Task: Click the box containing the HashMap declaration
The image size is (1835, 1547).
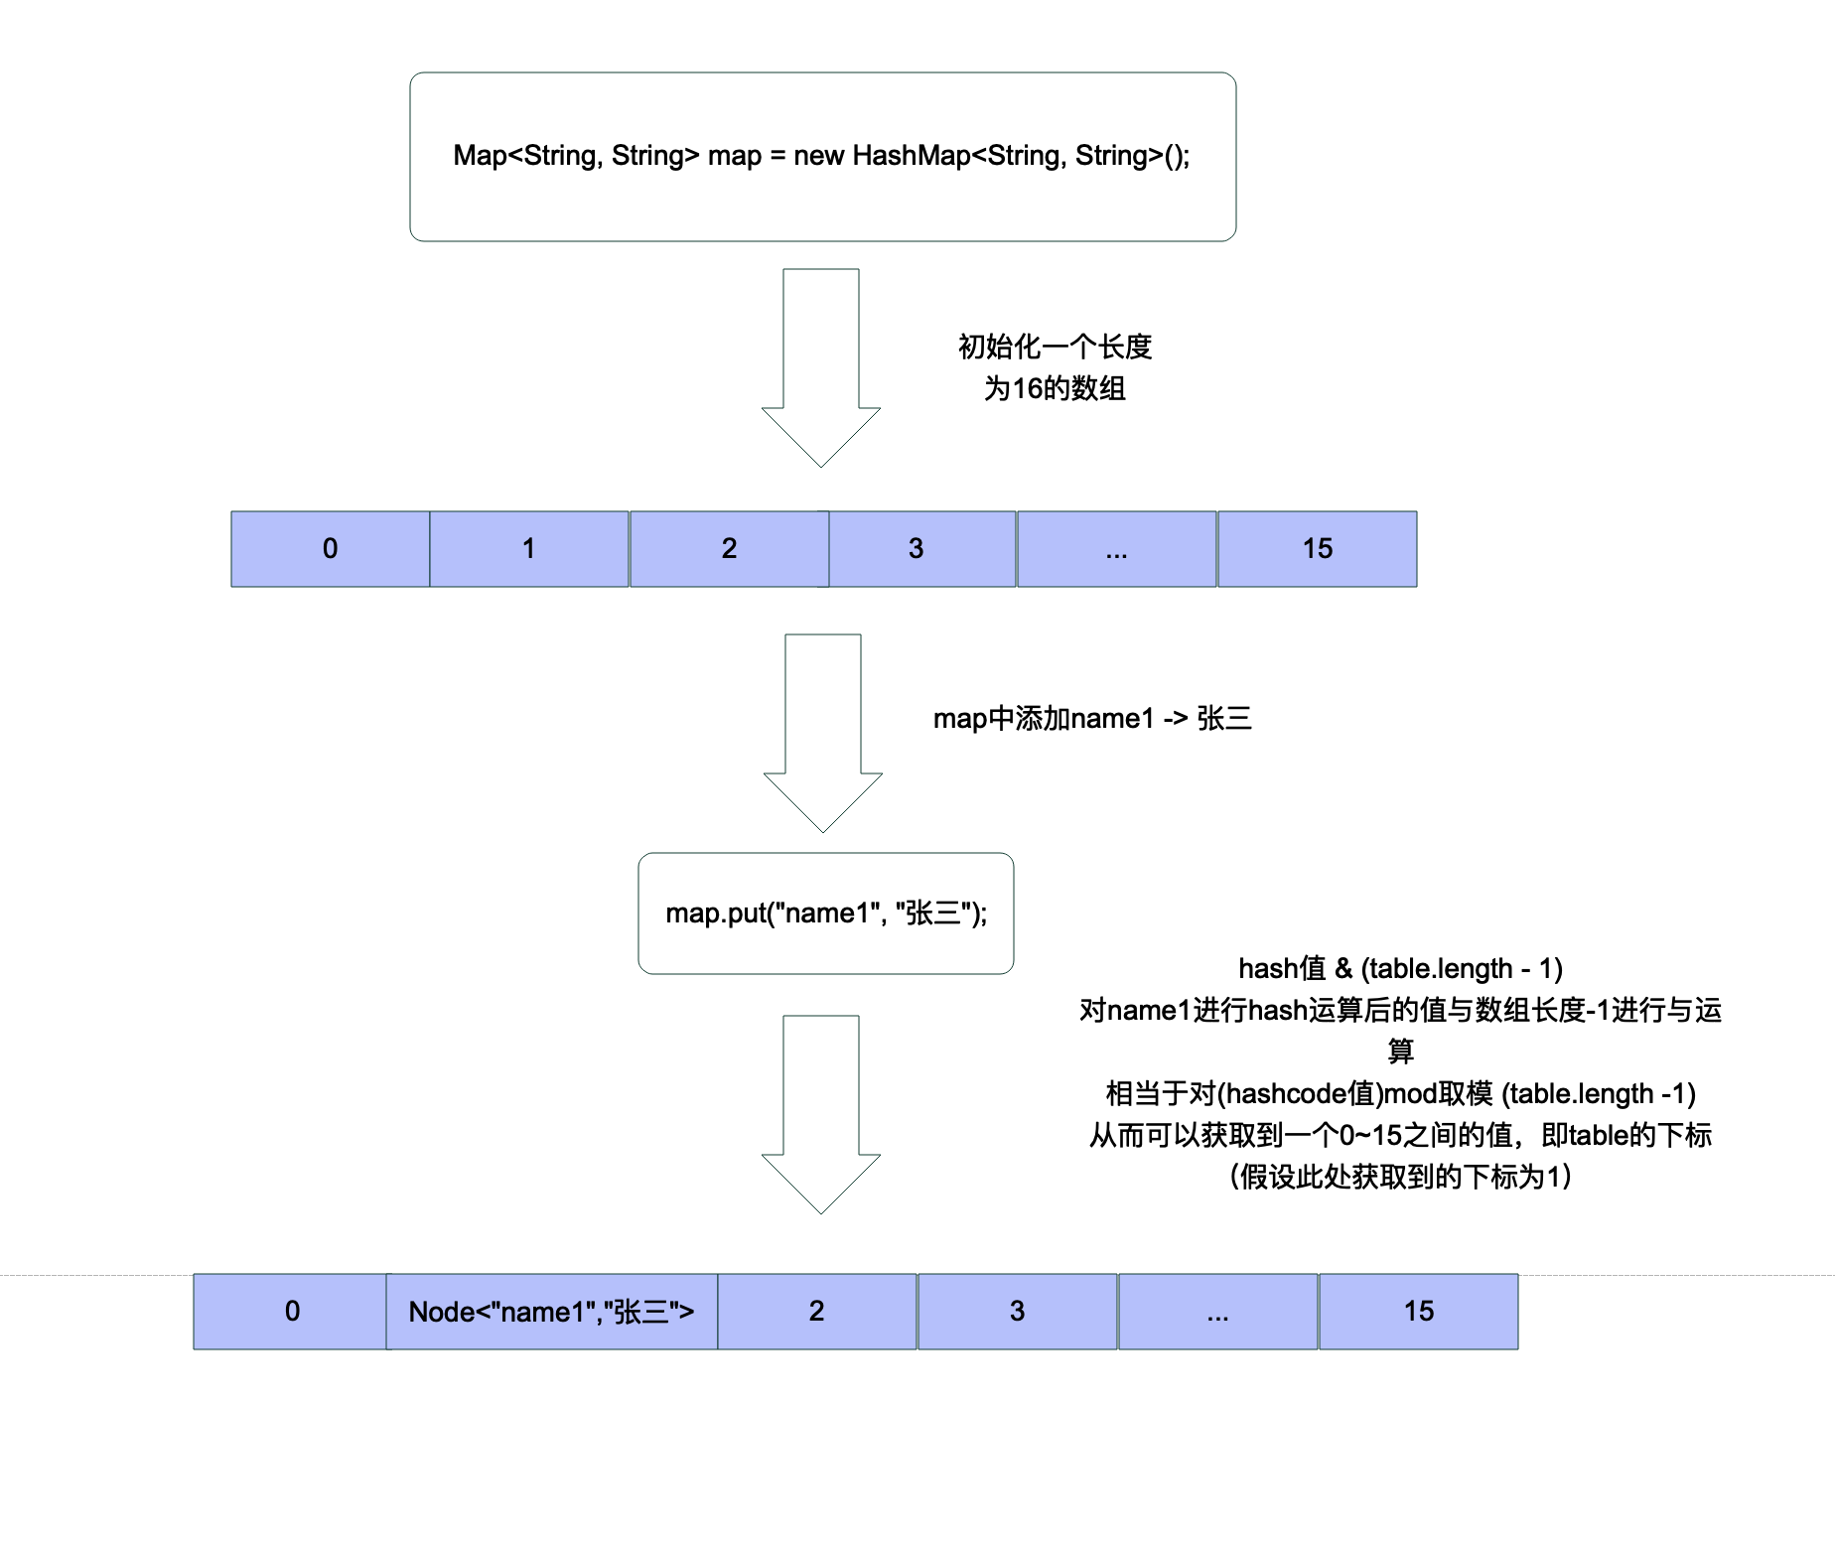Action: [822, 157]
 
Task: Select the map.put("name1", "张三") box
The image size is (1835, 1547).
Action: [825, 914]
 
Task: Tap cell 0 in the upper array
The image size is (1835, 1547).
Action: [330, 549]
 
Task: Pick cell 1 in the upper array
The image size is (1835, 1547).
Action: [528, 549]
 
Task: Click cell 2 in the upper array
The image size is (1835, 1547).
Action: [729, 549]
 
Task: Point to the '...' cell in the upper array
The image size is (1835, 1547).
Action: [1116, 549]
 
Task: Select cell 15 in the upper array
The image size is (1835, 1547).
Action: [1317, 549]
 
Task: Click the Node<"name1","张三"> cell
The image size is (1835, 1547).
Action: [551, 1312]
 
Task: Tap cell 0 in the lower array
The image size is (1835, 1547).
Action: [290, 1312]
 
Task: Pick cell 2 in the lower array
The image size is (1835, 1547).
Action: [816, 1312]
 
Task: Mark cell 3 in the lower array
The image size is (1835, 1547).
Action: [1017, 1312]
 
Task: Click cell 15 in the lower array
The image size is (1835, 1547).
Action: [1418, 1312]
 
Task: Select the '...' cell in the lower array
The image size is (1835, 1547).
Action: [1217, 1312]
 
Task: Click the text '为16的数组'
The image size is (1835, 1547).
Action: [1055, 388]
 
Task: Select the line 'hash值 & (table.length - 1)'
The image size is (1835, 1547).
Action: [1400, 968]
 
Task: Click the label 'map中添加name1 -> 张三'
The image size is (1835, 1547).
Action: [1092, 718]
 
